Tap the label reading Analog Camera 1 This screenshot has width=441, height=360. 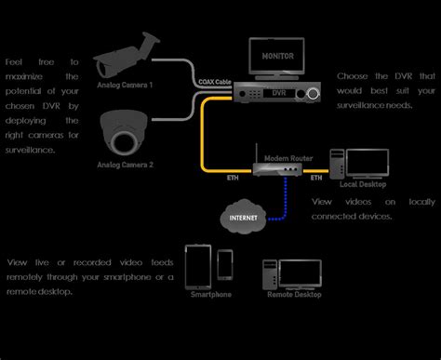coord(125,85)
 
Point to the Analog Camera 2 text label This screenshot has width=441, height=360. coord(125,165)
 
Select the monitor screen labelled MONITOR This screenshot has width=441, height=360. coord(276,57)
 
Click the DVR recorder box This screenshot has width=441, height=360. coord(276,93)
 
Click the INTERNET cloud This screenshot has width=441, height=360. coord(244,219)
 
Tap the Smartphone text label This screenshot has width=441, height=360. coord(210,294)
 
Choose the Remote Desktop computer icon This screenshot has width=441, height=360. coord(295,272)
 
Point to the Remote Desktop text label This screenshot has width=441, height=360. coord(295,294)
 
